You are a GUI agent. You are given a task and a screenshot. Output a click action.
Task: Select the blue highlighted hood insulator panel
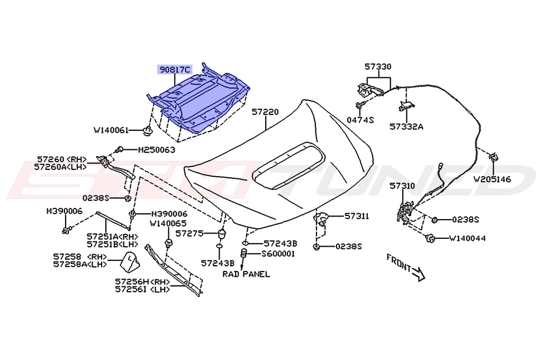[201, 101]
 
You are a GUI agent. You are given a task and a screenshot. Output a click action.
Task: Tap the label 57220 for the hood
[265, 112]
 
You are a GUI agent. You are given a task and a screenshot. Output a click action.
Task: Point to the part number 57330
[378, 67]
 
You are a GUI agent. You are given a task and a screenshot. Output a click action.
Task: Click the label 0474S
[360, 120]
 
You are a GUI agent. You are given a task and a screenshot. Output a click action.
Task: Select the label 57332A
[406, 127]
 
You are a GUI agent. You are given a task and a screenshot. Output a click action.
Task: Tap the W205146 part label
[492, 179]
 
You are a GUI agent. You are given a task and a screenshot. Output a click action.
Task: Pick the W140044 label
[467, 238]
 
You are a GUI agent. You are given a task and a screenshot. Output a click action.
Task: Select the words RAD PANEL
[246, 274]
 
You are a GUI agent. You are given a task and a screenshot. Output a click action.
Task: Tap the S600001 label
[278, 254]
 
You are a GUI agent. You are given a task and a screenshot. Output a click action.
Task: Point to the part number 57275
[189, 232]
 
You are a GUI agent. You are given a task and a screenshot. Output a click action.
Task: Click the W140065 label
[168, 224]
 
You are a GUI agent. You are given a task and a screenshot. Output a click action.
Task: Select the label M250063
[156, 150]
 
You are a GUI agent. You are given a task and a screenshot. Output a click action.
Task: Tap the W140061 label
[112, 130]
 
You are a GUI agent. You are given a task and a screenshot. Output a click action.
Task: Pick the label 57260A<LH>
[61, 166]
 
